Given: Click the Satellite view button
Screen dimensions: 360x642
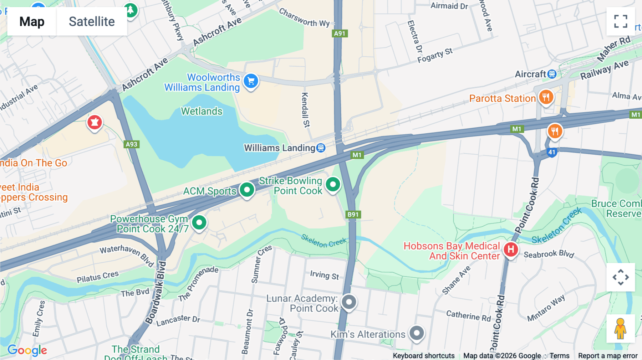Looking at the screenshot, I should click(x=92, y=22).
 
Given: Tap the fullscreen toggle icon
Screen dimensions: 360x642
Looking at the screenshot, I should click(x=621, y=21).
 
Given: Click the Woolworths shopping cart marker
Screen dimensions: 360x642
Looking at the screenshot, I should click(x=251, y=81).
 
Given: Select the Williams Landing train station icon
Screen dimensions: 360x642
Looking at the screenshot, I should click(x=321, y=148).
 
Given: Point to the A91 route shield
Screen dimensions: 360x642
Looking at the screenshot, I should click(x=340, y=34).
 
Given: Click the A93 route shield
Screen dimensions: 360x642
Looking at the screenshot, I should click(x=132, y=144).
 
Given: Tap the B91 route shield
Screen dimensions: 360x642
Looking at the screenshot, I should click(x=353, y=215).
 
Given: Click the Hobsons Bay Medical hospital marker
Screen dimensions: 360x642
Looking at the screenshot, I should click(x=511, y=250).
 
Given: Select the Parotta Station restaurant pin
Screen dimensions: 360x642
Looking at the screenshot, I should click(x=546, y=97).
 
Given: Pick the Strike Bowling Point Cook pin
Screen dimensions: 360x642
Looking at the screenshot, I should click(x=333, y=185).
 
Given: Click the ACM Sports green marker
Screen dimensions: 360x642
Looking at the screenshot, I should click(x=247, y=190).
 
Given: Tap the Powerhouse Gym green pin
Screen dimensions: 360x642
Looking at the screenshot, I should click(x=199, y=223).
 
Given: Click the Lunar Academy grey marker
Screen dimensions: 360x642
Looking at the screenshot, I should click(x=349, y=302).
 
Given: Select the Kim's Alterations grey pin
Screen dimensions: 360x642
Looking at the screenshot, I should click(x=417, y=333).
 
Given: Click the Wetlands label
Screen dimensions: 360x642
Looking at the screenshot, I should click(x=202, y=111).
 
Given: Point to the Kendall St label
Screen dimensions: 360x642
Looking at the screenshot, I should click(x=305, y=110).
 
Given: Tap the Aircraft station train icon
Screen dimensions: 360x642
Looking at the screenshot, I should click(x=552, y=74).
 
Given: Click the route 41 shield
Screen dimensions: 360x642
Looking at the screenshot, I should click(x=552, y=152).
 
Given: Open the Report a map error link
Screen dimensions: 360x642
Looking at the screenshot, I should click(x=608, y=356).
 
